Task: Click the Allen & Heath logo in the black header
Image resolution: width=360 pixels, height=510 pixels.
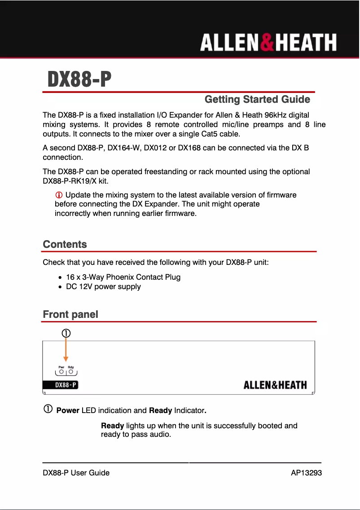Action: [268, 43]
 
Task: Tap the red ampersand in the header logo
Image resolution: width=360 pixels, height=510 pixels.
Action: [266, 43]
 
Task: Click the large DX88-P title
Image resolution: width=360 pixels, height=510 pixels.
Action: [79, 80]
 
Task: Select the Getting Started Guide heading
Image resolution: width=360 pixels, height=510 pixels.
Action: [257, 99]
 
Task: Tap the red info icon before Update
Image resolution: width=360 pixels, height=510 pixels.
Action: [58, 195]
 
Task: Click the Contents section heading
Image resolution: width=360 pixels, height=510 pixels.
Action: [65, 244]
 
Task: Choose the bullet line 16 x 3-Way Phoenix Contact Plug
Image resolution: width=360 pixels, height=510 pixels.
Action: [123, 277]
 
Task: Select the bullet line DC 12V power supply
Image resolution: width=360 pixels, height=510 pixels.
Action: [103, 286]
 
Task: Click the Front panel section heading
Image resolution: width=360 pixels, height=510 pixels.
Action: [70, 314]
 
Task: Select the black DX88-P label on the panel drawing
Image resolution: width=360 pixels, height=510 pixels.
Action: [60, 385]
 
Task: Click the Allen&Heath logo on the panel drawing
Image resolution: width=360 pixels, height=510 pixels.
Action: [275, 385]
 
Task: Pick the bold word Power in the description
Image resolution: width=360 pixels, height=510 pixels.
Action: [68, 410]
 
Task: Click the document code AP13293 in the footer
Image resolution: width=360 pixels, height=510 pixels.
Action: [306, 473]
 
